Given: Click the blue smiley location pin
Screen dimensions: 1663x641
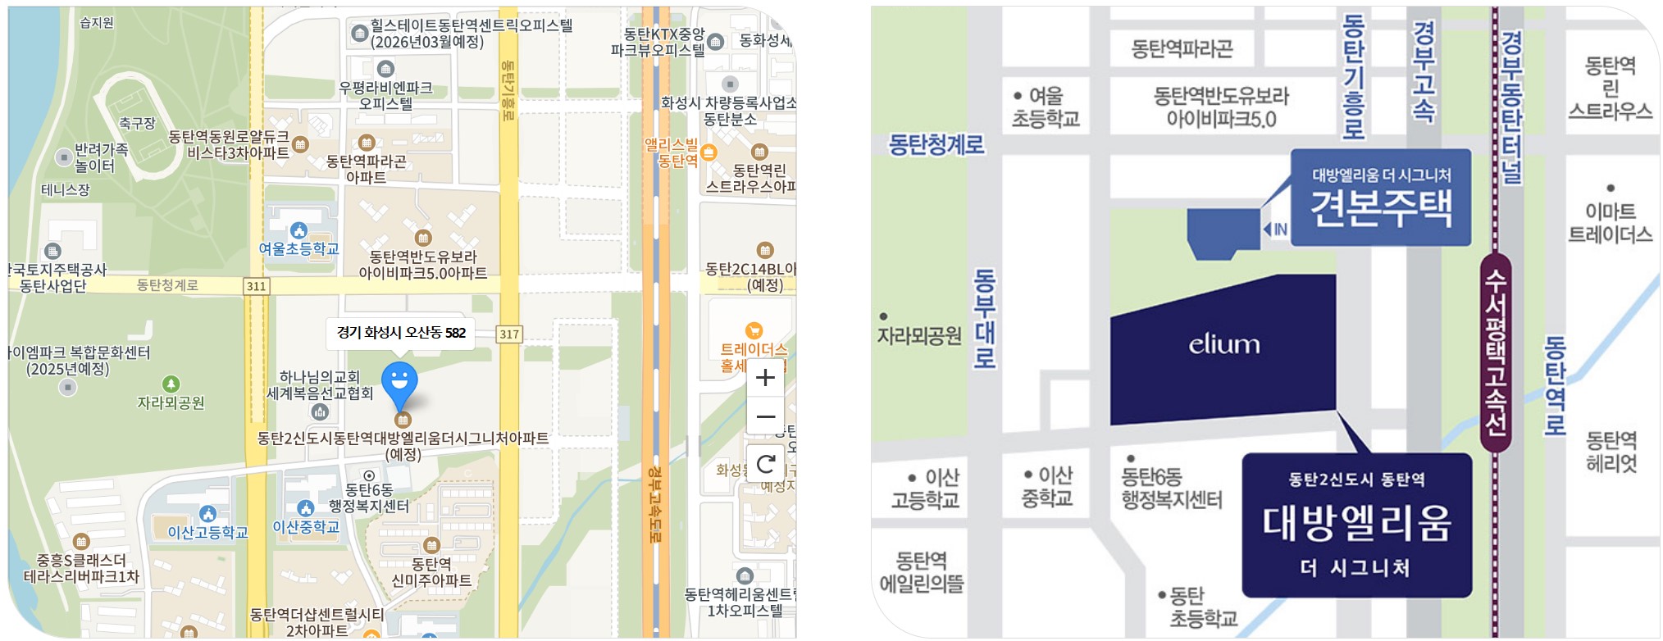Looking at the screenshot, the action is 399,382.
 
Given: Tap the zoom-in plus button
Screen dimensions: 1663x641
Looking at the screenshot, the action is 765,377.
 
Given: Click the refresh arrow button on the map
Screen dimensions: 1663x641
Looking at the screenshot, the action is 765,465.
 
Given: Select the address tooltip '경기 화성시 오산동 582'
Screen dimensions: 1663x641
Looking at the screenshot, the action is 401,333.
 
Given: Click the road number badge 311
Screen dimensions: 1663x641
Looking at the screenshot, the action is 256,286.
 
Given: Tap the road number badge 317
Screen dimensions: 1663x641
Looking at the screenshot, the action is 509,334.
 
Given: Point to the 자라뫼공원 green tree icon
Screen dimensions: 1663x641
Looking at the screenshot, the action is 171,384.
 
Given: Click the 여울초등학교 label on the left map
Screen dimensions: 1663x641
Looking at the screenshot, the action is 298,248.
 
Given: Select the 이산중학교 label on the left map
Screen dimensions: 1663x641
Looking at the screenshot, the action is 306,527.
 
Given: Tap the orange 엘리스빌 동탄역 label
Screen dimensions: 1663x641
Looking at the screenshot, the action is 672,152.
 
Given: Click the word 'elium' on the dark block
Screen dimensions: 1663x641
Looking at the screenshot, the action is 1223,344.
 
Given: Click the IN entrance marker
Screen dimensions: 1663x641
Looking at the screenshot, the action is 1275,230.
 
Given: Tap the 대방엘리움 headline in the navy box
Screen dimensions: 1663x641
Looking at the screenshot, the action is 1356,522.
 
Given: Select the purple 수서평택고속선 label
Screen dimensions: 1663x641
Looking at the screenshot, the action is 1496,352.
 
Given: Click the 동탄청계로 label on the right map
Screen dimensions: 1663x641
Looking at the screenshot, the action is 936,145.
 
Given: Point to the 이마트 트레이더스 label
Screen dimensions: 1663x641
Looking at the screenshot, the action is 1610,223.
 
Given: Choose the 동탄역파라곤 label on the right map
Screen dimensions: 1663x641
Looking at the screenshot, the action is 1182,49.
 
